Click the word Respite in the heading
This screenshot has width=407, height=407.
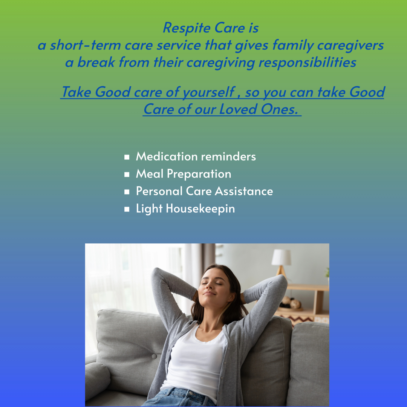187,28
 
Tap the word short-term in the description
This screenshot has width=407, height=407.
86,45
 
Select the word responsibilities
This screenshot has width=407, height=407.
308,62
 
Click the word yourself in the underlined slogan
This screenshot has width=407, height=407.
209,92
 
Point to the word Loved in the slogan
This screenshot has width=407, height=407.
238,109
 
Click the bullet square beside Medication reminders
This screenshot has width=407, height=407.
127,157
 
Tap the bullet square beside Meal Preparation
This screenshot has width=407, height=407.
127,174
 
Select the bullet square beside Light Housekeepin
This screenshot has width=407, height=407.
127,209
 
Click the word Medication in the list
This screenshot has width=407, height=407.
167,156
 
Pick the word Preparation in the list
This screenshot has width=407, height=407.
199,174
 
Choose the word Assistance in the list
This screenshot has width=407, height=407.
244,191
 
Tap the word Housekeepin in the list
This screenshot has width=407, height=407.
200,209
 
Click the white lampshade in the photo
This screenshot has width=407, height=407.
282,257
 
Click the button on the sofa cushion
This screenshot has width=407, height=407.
154,357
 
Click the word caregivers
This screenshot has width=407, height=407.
350,46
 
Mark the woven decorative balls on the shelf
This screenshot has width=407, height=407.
291,303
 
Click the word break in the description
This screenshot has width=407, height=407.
96,62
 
